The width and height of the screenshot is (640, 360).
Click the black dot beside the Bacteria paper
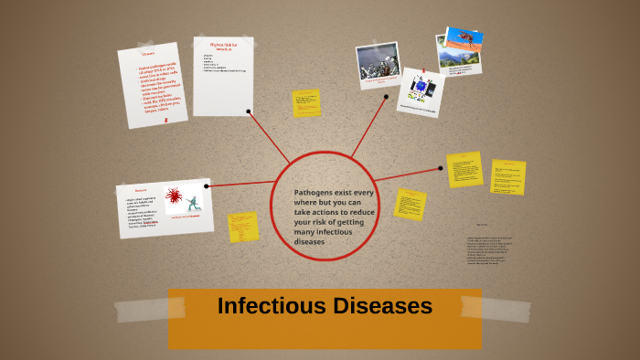pyautogui.click(x=207, y=186)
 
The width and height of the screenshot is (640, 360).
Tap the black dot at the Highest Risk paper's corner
pyautogui.click(x=249, y=111)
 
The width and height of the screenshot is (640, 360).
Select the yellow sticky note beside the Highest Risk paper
pyautogui.click(x=306, y=103)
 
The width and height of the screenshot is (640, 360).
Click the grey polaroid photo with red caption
pyautogui.click(x=378, y=65)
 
